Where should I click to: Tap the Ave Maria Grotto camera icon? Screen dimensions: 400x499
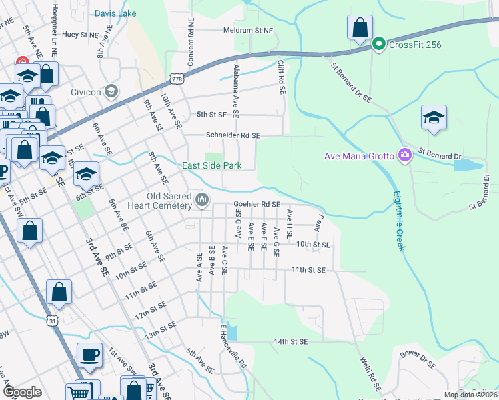(x=404, y=156)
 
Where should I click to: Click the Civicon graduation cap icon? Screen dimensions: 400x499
(x=111, y=91)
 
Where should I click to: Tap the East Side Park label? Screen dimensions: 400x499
(x=212, y=165)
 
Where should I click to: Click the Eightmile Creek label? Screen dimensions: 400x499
(x=398, y=219)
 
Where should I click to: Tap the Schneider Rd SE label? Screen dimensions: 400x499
(x=232, y=135)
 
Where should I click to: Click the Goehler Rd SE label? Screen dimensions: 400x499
(x=256, y=205)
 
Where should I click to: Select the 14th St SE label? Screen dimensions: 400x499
(x=290, y=341)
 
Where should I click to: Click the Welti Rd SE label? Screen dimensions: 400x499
(x=372, y=373)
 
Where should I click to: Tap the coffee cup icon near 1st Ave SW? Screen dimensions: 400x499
(x=89, y=355)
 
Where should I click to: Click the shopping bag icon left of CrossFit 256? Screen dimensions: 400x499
(x=360, y=28)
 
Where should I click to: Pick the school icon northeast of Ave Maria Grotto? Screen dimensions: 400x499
(x=434, y=117)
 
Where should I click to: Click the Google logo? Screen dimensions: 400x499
(x=22, y=392)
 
